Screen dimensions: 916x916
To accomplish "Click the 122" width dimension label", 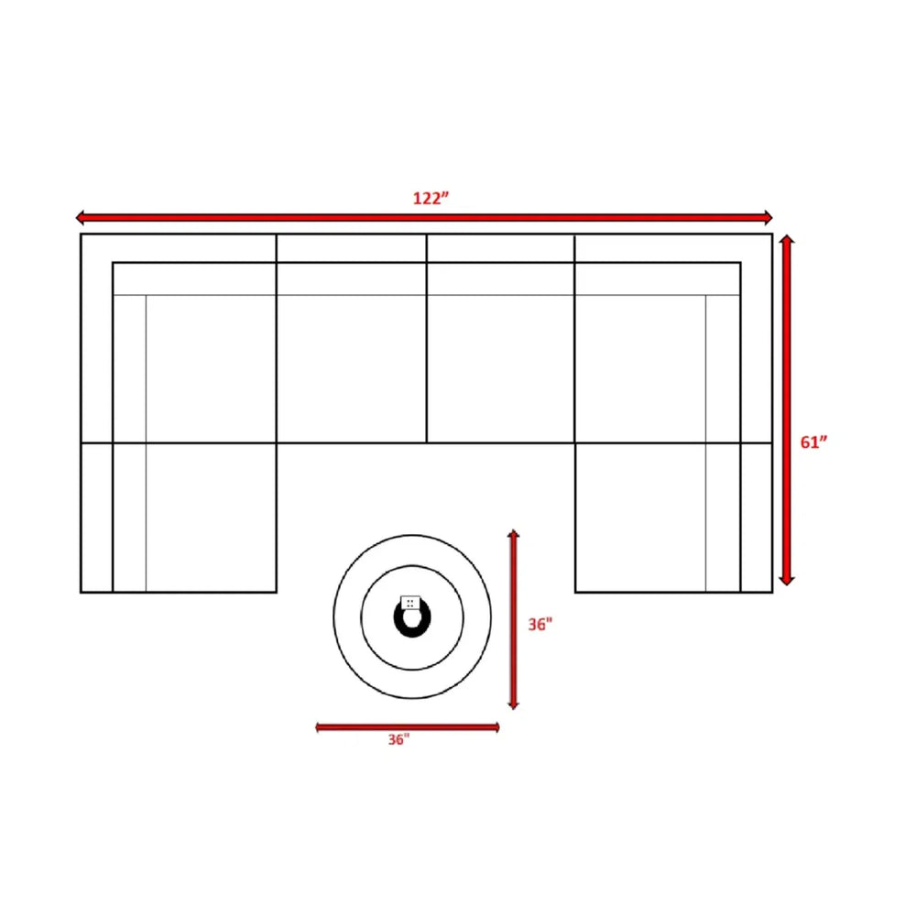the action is point(431,199).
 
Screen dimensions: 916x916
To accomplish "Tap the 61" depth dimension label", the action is point(813,442).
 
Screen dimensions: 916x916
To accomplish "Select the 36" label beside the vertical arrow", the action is point(540,625).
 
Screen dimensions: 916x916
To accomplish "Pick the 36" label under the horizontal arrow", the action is point(398,739).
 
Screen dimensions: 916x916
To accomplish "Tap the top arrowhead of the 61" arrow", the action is point(786,239).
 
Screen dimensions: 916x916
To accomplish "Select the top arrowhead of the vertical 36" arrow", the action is point(514,534).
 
